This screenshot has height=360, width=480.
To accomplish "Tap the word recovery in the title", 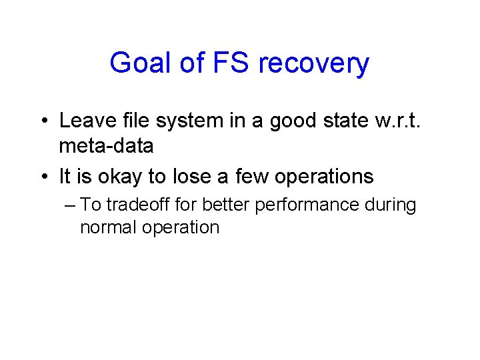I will (x=313, y=64).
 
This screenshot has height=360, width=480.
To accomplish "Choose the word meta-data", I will (x=106, y=145).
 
